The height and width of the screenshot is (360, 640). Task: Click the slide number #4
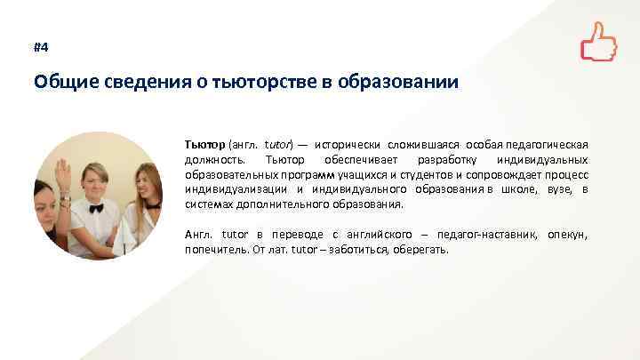point(40,47)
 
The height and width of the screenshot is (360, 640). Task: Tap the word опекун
point(568,234)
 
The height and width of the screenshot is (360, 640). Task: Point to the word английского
point(358,234)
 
